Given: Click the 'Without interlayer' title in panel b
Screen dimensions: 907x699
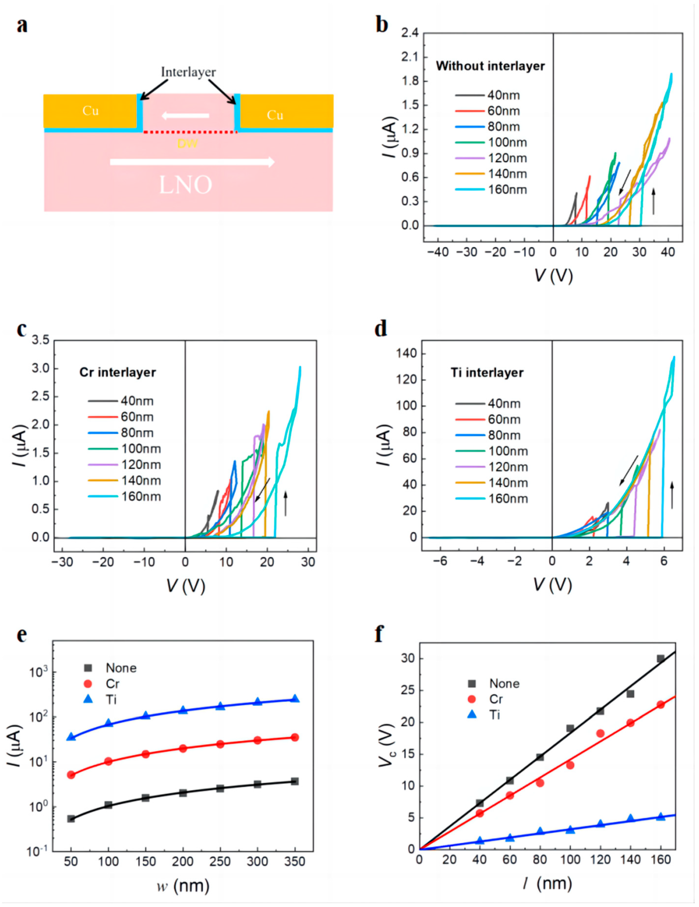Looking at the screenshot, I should click(490, 66).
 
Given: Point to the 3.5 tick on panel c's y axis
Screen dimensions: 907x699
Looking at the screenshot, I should click(41, 341).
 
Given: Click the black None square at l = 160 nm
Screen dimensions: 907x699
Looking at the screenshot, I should click(660, 659).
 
